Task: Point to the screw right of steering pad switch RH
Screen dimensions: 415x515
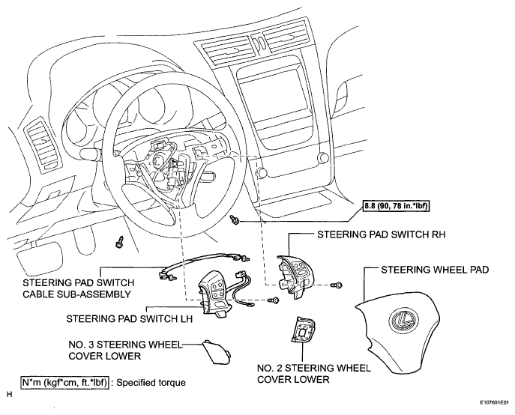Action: pyautogui.click(x=338, y=285)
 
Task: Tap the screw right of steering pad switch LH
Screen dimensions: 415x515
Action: pyautogui.click(x=275, y=300)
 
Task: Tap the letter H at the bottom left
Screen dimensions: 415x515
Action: pyautogui.click(x=8, y=393)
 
